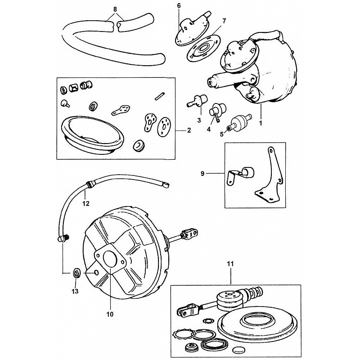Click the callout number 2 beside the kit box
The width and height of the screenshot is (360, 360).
click(x=189, y=130)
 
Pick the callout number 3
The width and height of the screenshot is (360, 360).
click(x=198, y=120)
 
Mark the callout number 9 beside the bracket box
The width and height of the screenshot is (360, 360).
click(x=215, y=172)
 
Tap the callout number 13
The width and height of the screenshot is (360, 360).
click(x=75, y=291)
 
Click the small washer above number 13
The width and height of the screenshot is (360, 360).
click(x=76, y=272)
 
